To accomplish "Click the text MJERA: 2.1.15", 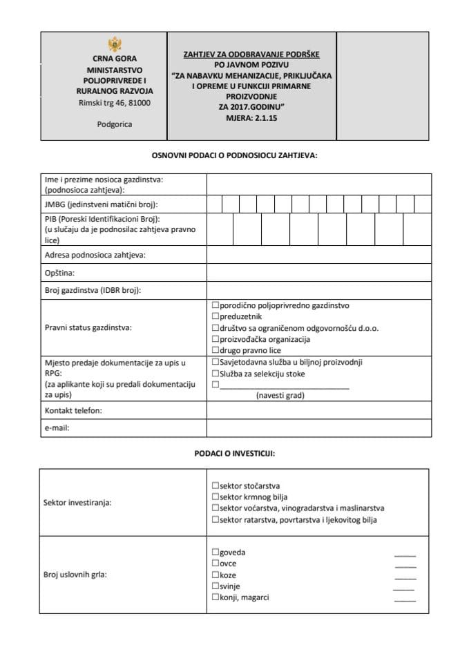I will tap(252, 118).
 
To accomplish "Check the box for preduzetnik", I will tap(216, 317).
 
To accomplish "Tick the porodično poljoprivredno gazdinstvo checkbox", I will tap(216, 305).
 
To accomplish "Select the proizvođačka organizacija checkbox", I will tap(216, 339).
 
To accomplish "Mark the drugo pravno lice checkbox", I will tap(216, 350).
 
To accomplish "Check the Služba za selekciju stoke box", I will tap(216, 374).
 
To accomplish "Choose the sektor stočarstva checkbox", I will tap(216, 486).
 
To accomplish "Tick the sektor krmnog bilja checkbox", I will tap(216, 497).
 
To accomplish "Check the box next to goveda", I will tap(216, 552).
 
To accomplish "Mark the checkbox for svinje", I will tap(216, 586).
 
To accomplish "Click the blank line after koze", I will tap(405, 578).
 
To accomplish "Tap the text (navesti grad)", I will tap(280, 396).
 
